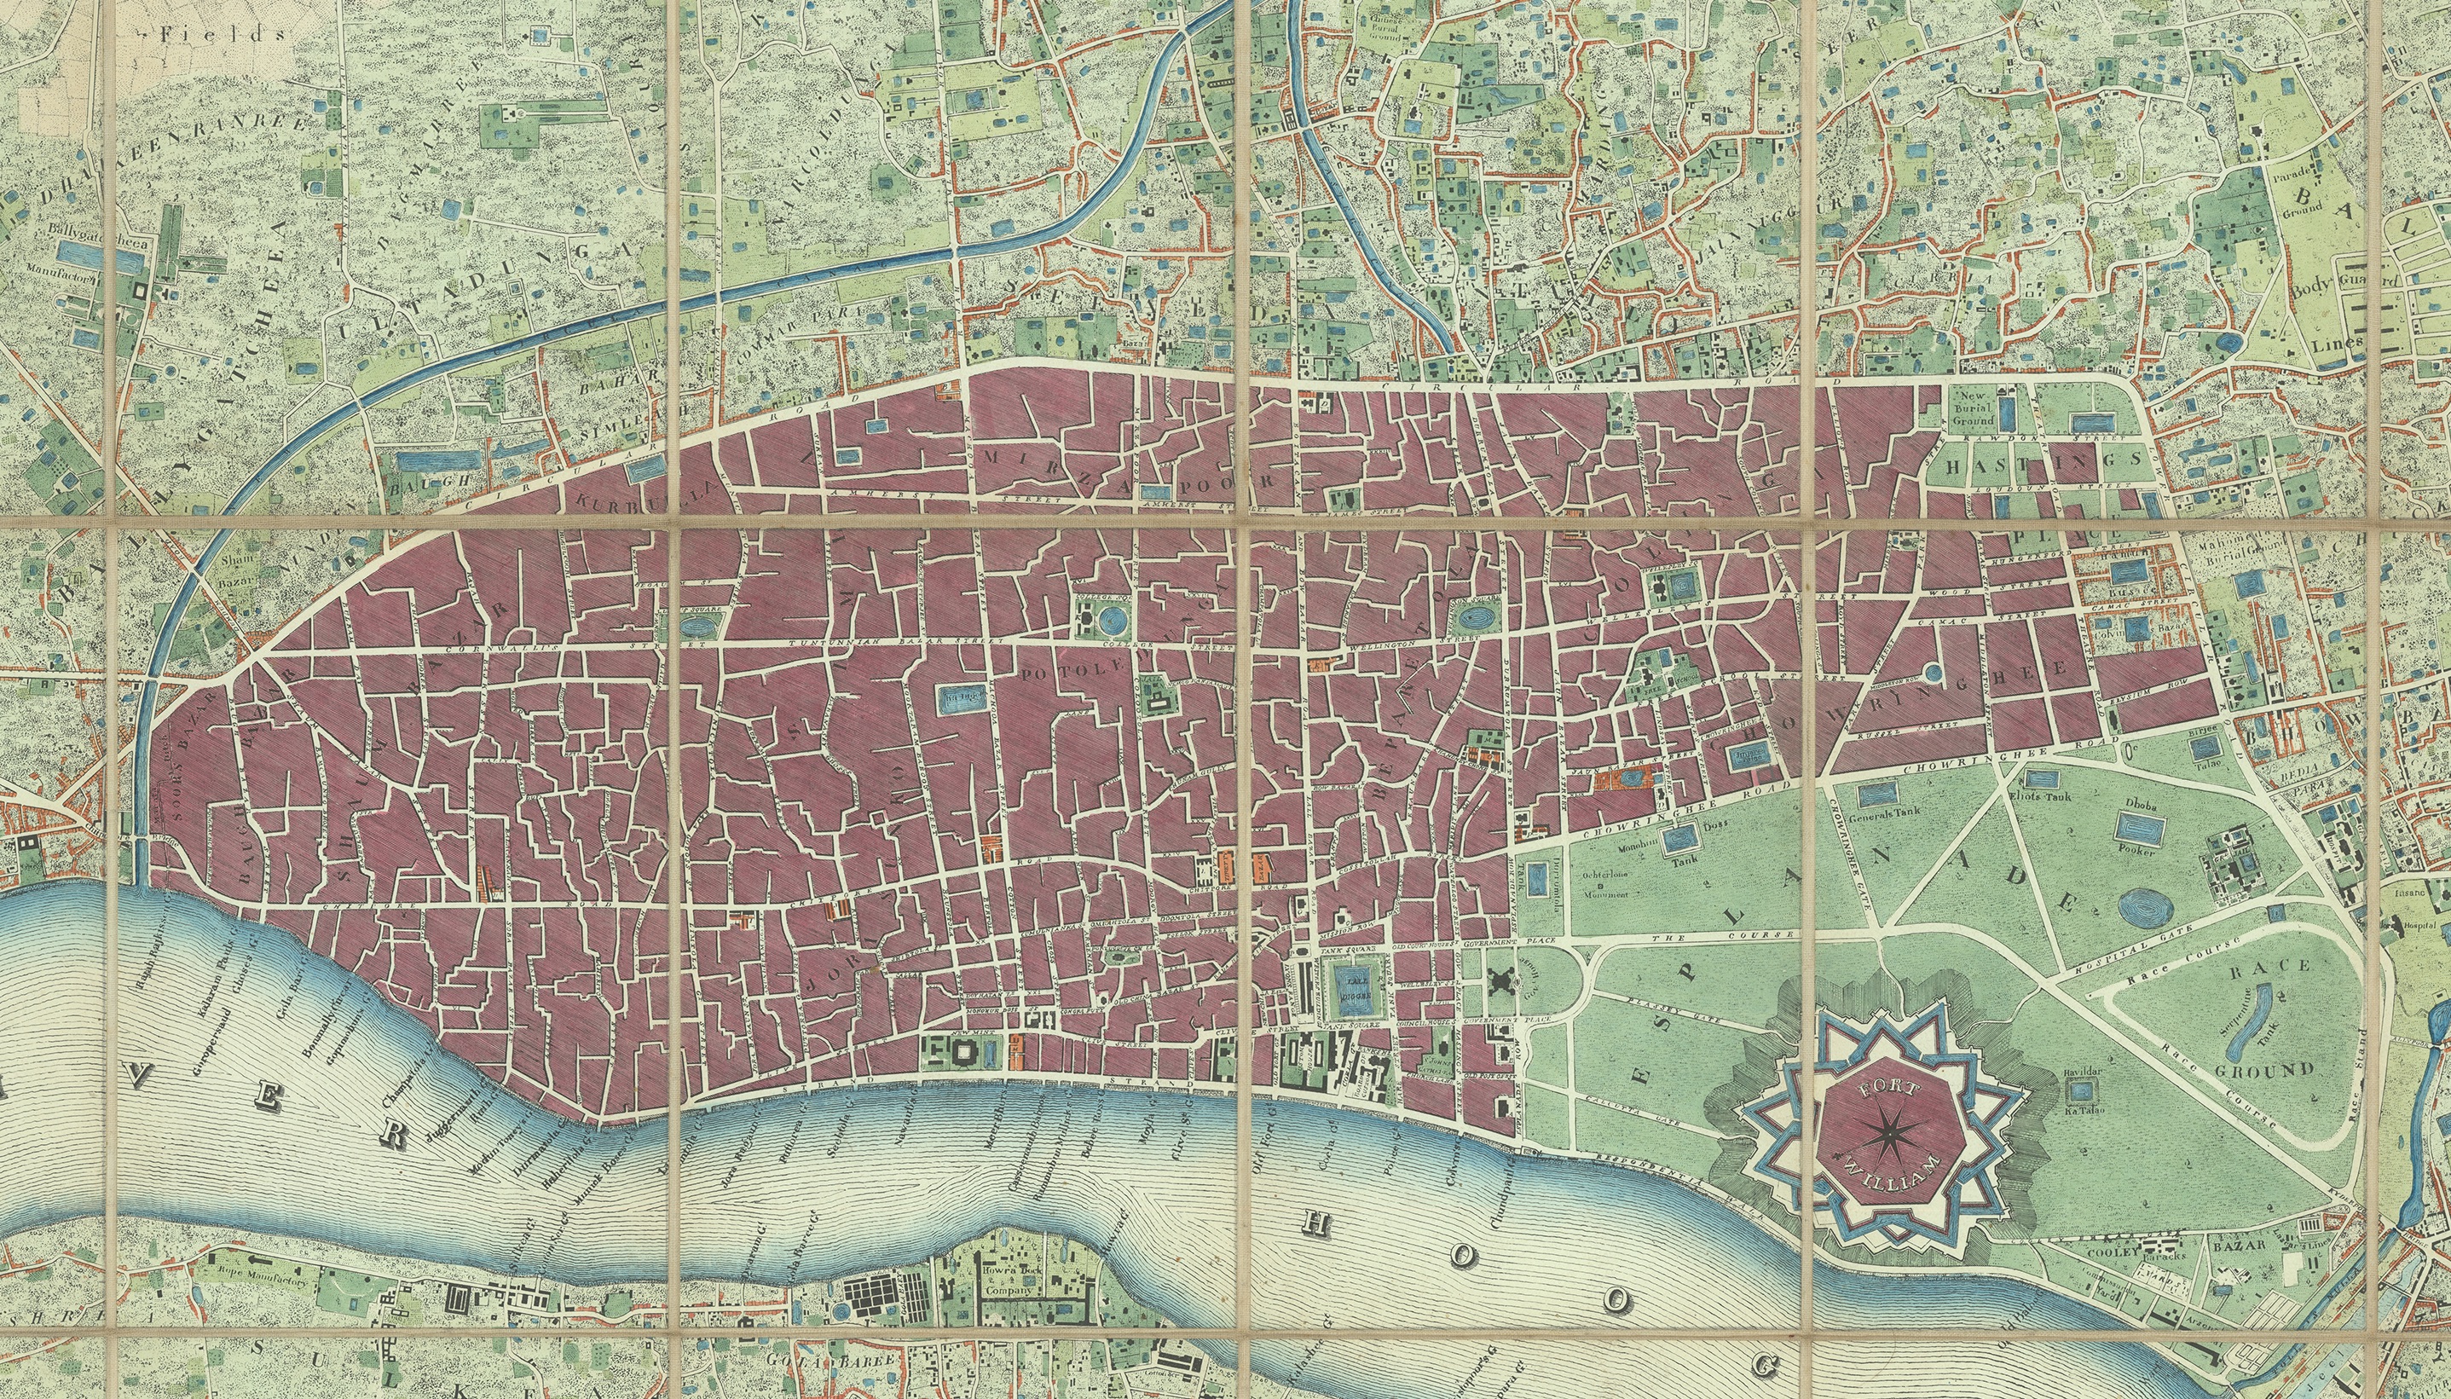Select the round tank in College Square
point(1113,616)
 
